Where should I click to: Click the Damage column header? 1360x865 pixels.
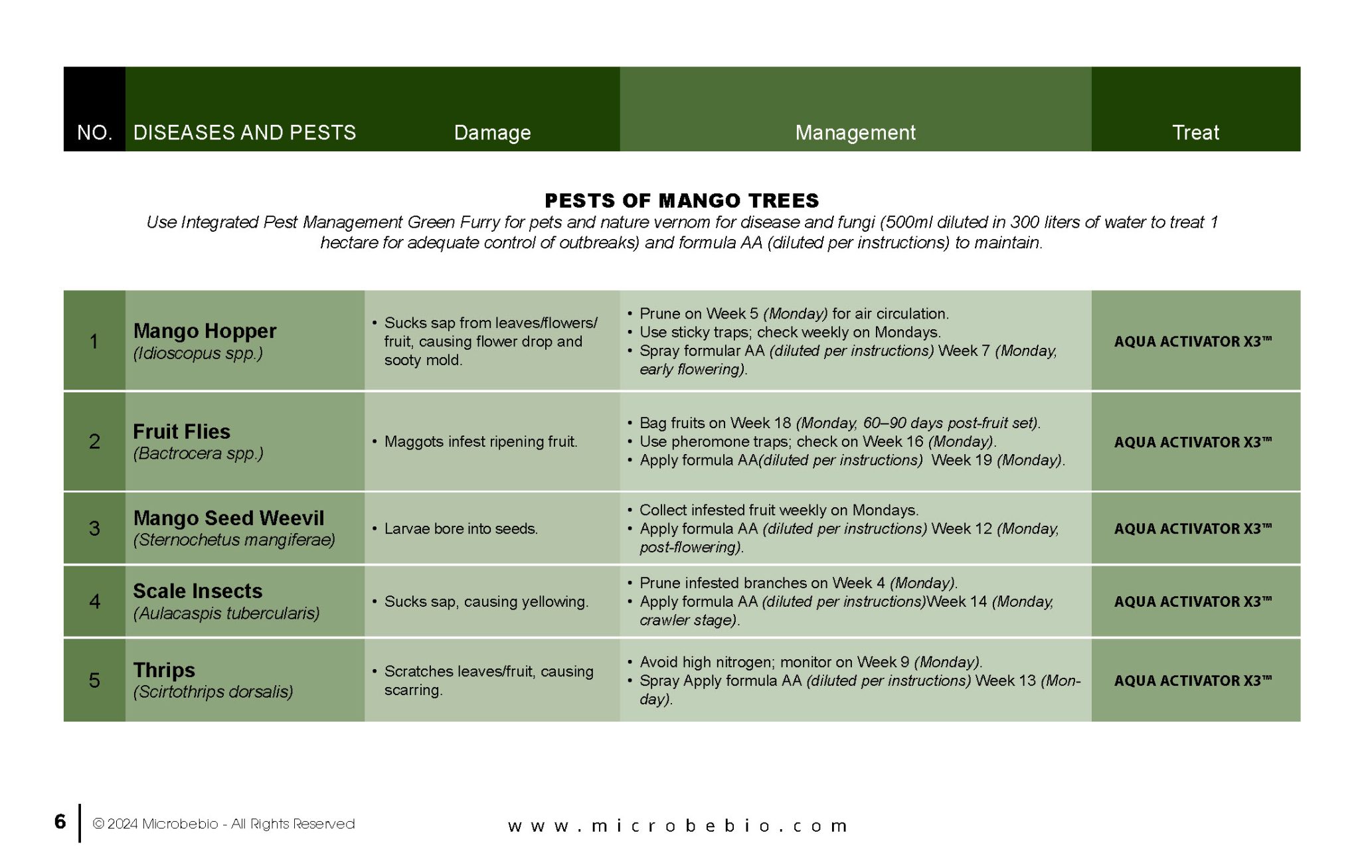pyautogui.click(x=492, y=133)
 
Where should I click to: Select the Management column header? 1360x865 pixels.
pyautogui.click(x=855, y=133)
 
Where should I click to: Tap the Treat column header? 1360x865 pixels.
pyautogui.click(x=1195, y=133)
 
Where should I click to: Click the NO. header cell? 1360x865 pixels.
pyautogui.click(x=94, y=133)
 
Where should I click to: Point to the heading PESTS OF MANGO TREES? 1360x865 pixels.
pyautogui.click(x=681, y=200)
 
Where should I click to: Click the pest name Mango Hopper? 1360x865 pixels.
pyautogui.click(x=205, y=331)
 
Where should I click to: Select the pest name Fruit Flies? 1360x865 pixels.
pyautogui.click(x=181, y=432)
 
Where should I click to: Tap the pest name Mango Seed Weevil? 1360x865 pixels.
pyautogui.click(x=228, y=518)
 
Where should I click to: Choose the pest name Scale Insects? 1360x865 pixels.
pyautogui.click(x=197, y=591)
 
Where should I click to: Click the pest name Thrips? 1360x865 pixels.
pyautogui.click(x=164, y=670)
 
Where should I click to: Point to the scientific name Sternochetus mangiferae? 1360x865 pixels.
pyautogui.click(x=234, y=540)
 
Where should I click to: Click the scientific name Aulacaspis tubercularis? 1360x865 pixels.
pyautogui.click(x=226, y=613)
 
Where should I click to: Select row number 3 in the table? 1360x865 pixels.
pyautogui.click(x=94, y=528)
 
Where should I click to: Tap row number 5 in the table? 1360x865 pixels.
pyautogui.click(x=94, y=680)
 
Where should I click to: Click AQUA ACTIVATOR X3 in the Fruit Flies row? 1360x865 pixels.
pyautogui.click(x=1193, y=442)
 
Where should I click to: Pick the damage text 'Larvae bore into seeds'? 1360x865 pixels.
pyautogui.click(x=461, y=529)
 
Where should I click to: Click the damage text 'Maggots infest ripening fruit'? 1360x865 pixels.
pyautogui.click(x=480, y=442)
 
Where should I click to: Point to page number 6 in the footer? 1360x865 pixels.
pyautogui.click(x=60, y=822)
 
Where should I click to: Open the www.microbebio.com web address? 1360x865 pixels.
pyautogui.click(x=678, y=826)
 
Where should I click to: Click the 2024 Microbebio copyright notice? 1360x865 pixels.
pyautogui.click(x=224, y=824)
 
